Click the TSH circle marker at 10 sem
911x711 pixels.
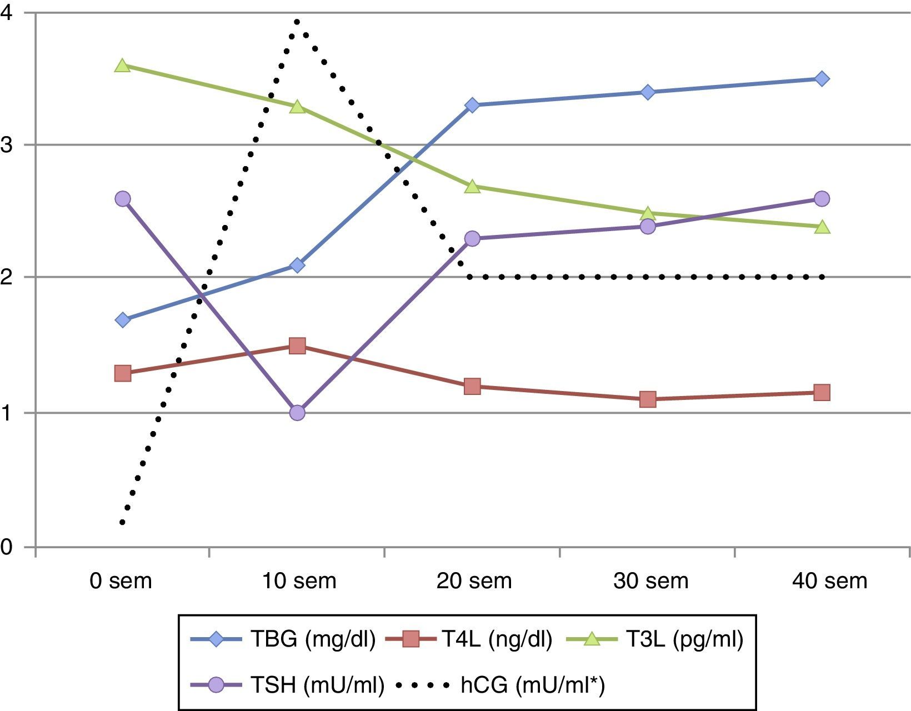tap(297, 413)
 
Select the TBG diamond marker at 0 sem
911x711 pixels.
tap(123, 320)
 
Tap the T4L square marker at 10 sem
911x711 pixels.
tap(297, 346)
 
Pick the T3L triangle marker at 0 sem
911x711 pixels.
tap(123, 66)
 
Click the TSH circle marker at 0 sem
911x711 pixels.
tap(123, 199)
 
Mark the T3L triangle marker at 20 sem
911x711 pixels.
tap(472, 187)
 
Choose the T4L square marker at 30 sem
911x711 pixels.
tap(648, 399)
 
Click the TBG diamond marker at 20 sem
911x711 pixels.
tap(472, 105)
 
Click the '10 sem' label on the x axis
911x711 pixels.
tap(299, 581)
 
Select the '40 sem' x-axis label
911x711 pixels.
tap(830, 581)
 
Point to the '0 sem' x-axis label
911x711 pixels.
tap(121, 581)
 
